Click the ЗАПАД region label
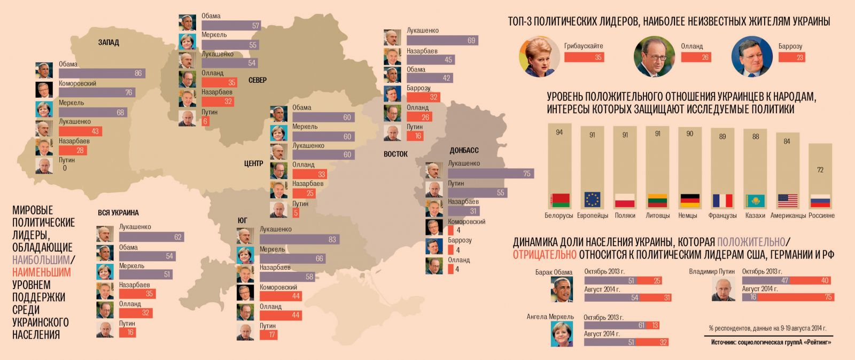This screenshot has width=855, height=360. click(x=108, y=42)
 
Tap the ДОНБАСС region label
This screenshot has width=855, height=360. click(x=464, y=151)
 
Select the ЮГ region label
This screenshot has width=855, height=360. click(x=243, y=221)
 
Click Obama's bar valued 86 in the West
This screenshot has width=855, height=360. click(x=102, y=73)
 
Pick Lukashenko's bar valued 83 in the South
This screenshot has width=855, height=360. click(x=299, y=239)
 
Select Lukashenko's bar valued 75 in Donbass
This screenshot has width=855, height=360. click(x=490, y=174)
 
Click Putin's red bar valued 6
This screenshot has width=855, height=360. click(x=206, y=121)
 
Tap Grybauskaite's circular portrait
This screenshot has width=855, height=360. click(x=539, y=56)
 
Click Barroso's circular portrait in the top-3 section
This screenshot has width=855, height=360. click(x=752, y=56)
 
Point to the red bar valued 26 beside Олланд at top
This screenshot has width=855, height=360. click(x=696, y=57)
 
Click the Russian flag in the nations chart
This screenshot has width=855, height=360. click(x=820, y=201)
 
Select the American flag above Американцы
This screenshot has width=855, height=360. click(x=788, y=201)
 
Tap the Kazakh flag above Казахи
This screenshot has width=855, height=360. click(x=755, y=201)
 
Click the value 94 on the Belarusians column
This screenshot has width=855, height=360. click(x=559, y=132)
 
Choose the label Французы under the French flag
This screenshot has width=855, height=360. click(x=722, y=215)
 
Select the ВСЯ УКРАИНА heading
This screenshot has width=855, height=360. click(x=118, y=213)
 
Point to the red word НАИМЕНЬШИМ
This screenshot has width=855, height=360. click(x=41, y=272)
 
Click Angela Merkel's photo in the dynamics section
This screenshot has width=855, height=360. click(x=562, y=333)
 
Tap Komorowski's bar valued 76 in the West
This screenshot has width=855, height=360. click(x=97, y=92)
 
